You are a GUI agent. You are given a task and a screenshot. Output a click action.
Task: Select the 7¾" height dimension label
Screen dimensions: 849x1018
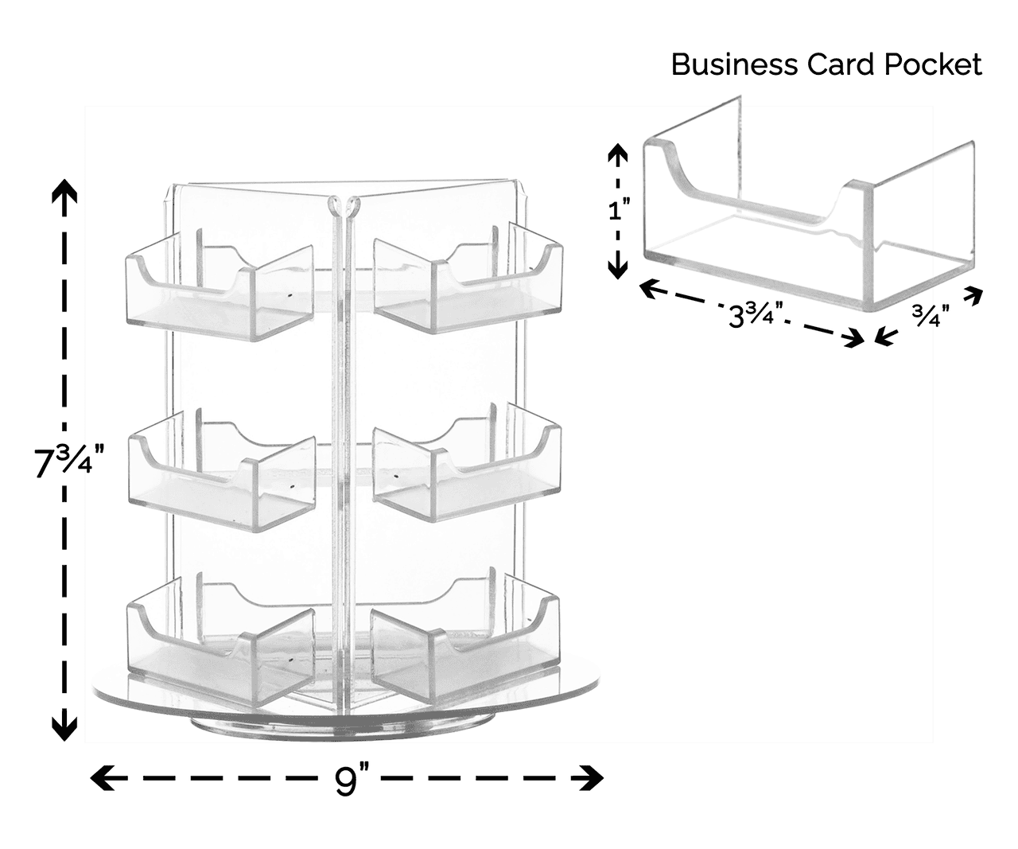point(69,462)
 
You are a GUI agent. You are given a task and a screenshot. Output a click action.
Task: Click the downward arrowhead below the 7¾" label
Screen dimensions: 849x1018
point(64,726)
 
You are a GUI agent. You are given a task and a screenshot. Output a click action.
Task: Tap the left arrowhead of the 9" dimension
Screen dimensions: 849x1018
point(102,777)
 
